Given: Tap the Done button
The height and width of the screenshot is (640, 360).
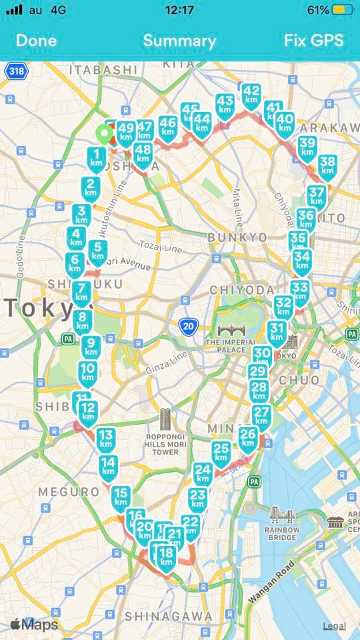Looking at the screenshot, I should click(36, 41).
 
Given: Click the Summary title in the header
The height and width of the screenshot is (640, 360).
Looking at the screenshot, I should click(179, 41).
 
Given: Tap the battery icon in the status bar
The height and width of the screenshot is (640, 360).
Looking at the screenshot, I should click(343, 10).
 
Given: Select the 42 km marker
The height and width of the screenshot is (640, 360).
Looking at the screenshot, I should click(251, 95).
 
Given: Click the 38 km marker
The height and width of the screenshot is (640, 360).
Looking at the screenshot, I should click(327, 165).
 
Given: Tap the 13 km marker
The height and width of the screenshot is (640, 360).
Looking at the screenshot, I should click(106, 439).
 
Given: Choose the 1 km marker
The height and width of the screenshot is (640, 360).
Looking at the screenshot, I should click(97, 159).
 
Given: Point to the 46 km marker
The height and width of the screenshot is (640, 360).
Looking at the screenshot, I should click(168, 126).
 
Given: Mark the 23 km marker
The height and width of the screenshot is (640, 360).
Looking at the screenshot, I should click(198, 498).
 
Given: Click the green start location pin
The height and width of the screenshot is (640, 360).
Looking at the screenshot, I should click(103, 135).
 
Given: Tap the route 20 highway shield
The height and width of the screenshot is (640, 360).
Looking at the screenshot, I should click(189, 326).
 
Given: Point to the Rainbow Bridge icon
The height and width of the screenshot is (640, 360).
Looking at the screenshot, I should click(279, 515).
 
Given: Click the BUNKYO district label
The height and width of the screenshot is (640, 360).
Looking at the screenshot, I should click(237, 237).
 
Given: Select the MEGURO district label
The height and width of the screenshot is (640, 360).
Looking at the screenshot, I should click(69, 491).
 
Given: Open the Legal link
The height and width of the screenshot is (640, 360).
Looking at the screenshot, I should click(334, 625).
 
